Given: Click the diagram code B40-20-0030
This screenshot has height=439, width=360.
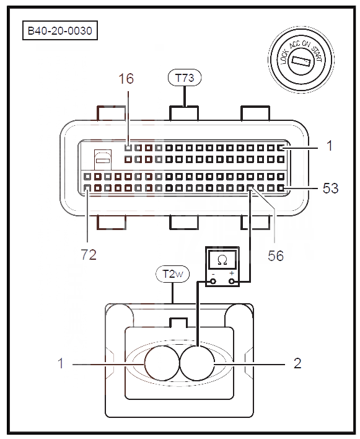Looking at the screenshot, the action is coord(60,30).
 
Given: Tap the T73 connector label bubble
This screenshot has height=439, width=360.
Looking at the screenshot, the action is coord(185,78).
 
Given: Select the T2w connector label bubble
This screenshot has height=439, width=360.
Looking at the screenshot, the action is coord(172,274).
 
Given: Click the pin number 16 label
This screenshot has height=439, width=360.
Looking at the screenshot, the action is coord(126,79).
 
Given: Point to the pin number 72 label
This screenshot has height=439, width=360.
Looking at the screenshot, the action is coord(89,255).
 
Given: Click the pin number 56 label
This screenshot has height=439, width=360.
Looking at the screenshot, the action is coord(276,256).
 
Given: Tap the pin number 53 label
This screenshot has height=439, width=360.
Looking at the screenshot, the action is coord(331,188).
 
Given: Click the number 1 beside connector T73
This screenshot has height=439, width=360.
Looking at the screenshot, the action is coord(330,146).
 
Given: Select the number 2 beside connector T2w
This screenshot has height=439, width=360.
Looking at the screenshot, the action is coord(297,363).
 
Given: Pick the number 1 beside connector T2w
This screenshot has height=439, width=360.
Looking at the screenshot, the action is coord(61,363).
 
